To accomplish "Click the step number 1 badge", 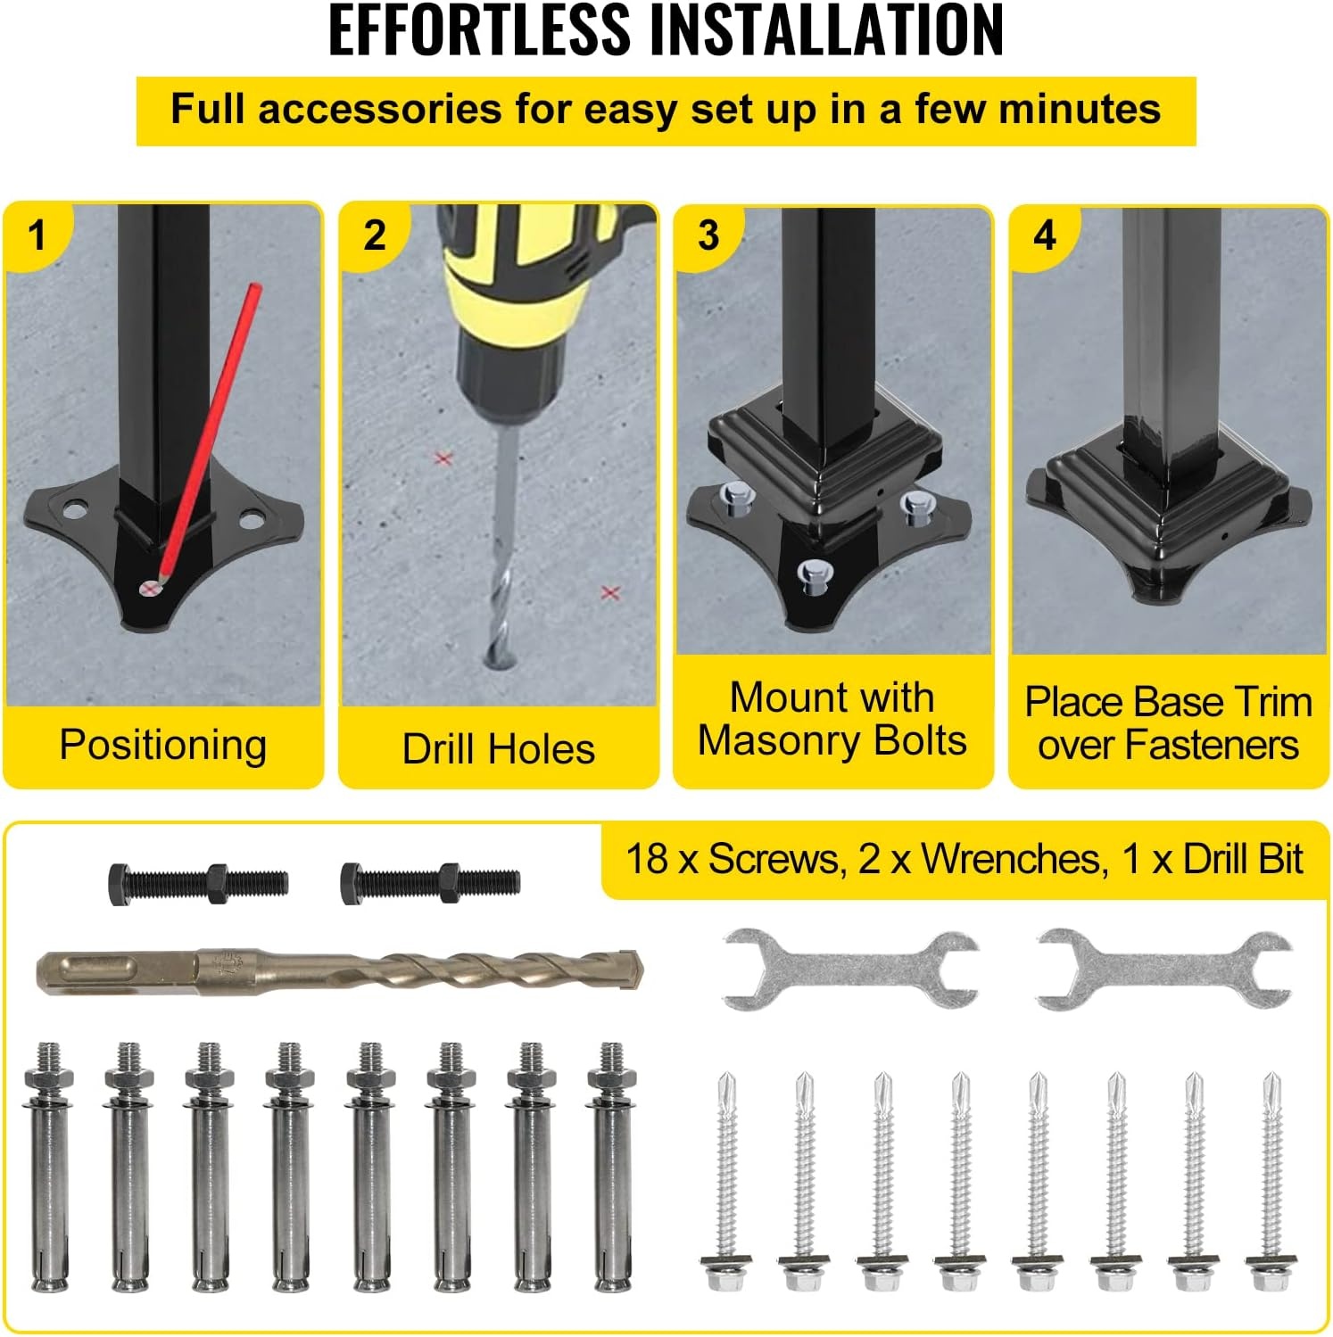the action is tap(36, 236).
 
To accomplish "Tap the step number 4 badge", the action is tap(1044, 235).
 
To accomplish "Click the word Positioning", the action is tap(163, 746).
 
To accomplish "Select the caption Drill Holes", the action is tap(498, 749).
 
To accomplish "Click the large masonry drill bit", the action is tap(340, 970).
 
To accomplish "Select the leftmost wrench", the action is tap(850, 969).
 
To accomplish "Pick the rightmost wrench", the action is tap(1164, 969).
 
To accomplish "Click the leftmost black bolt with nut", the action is tap(198, 884).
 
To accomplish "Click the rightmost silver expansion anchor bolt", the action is tap(611, 1167).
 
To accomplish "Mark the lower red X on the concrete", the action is tap(610, 593).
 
